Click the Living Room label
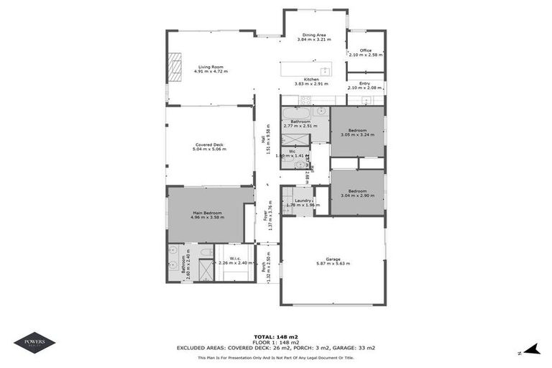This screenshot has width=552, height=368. [x=211, y=70]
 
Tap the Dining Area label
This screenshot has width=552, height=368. [x=314, y=37]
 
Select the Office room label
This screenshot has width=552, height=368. [x=366, y=52]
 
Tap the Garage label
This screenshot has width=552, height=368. [x=332, y=261]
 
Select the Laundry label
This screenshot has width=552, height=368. [x=303, y=203]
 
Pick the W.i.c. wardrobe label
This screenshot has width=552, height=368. [x=236, y=260]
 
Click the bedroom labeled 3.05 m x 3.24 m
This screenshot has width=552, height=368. [x=356, y=133]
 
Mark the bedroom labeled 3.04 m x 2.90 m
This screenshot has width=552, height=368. [x=356, y=193]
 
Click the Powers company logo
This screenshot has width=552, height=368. [x=34, y=343]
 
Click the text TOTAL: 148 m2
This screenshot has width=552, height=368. [x=276, y=336]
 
